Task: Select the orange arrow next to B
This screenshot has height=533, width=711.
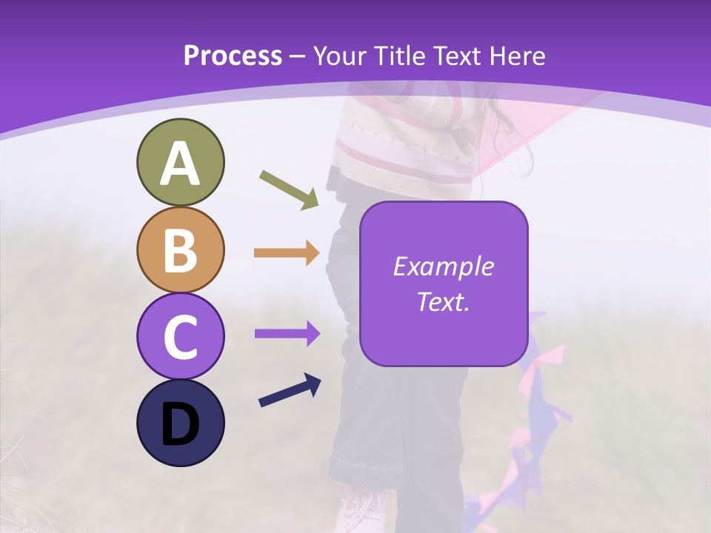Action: (x=287, y=253)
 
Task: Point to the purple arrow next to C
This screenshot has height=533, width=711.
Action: (x=287, y=333)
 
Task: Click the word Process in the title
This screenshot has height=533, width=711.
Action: (x=233, y=56)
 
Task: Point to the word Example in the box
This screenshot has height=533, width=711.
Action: (x=443, y=266)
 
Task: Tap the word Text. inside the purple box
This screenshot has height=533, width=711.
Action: (x=443, y=301)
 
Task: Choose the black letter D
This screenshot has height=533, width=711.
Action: (x=180, y=424)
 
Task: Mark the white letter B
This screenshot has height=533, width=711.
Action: (x=180, y=251)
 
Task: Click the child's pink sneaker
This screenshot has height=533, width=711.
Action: (x=363, y=511)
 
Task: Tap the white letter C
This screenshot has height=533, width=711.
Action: (x=180, y=338)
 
